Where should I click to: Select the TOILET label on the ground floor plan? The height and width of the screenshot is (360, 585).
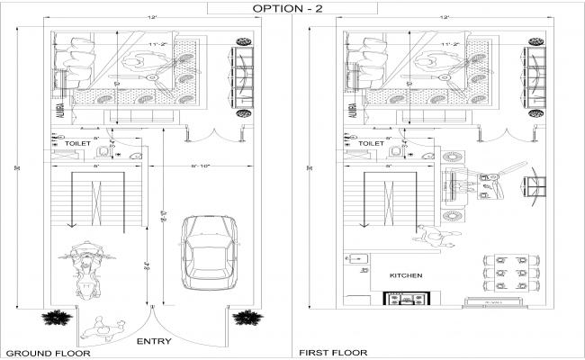pyautogui.click(x=78, y=143)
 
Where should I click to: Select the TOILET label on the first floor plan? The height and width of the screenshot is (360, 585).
pyautogui.click(x=371, y=143)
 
